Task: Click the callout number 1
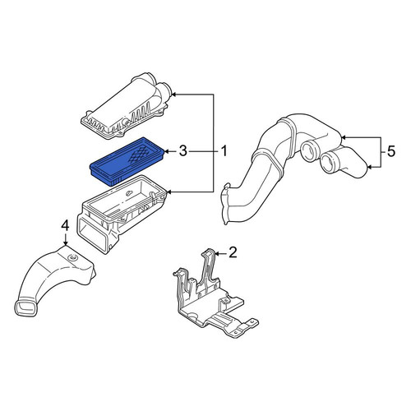(224, 151)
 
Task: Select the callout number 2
(233, 252)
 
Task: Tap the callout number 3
(182, 151)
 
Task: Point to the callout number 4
(65, 225)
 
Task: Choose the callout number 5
(391, 151)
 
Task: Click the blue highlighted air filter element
(127, 161)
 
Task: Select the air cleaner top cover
(127, 107)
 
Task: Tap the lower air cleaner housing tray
(122, 214)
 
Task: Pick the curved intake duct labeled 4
(55, 277)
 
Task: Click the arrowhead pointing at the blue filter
(167, 151)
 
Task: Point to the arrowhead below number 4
(65, 242)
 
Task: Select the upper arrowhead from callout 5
(344, 137)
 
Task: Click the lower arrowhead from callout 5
(370, 167)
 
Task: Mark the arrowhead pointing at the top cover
(174, 95)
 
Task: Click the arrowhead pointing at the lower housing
(169, 192)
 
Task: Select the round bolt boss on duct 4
(73, 257)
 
